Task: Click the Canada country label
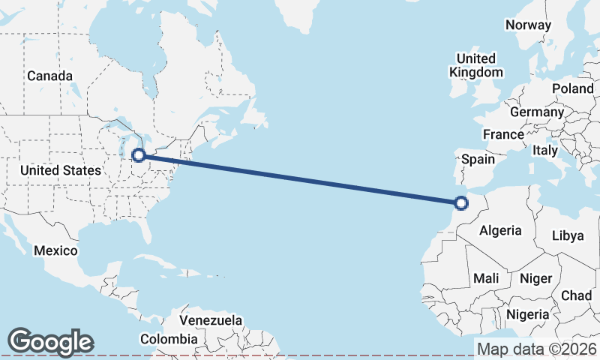click(x=50, y=76)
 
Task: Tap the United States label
click(x=60, y=170)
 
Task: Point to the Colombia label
click(x=172, y=339)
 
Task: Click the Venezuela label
click(x=211, y=320)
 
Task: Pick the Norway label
click(x=528, y=25)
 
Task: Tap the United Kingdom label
click(x=475, y=65)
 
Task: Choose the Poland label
click(x=572, y=88)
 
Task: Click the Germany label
click(x=536, y=112)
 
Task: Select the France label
click(x=502, y=134)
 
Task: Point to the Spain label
click(x=478, y=159)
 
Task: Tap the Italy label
click(x=545, y=150)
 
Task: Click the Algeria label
click(x=499, y=230)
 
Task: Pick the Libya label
click(x=567, y=235)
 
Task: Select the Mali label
click(x=486, y=278)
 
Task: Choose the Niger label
click(x=535, y=278)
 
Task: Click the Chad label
click(x=576, y=295)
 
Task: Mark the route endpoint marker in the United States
click(x=138, y=155)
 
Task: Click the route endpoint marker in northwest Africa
click(x=461, y=202)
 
